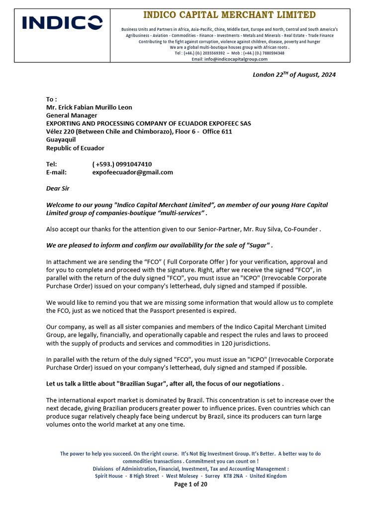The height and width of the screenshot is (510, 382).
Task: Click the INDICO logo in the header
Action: point(62,23)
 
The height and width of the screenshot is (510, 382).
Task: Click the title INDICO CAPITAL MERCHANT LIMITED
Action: point(229,15)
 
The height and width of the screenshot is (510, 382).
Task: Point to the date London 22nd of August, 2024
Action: point(294,75)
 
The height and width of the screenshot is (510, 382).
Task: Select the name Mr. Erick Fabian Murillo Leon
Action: point(89,107)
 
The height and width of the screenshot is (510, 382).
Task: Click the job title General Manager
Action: point(72,115)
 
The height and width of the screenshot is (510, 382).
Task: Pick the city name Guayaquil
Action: point(61,139)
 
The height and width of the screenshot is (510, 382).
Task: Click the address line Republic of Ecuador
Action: point(75,148)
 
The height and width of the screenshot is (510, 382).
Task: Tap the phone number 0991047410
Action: point(134,164)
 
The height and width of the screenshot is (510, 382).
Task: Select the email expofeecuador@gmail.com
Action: point(133,172)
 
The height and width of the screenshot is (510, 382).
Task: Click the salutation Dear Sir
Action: point(58,188)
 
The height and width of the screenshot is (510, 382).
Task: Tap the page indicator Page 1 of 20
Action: point(191,484)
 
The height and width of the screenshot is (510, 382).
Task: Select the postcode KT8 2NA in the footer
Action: point(236,476)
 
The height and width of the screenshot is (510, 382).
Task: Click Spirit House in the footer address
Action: point(109,476)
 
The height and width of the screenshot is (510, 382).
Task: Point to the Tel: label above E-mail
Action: point(52,164)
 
